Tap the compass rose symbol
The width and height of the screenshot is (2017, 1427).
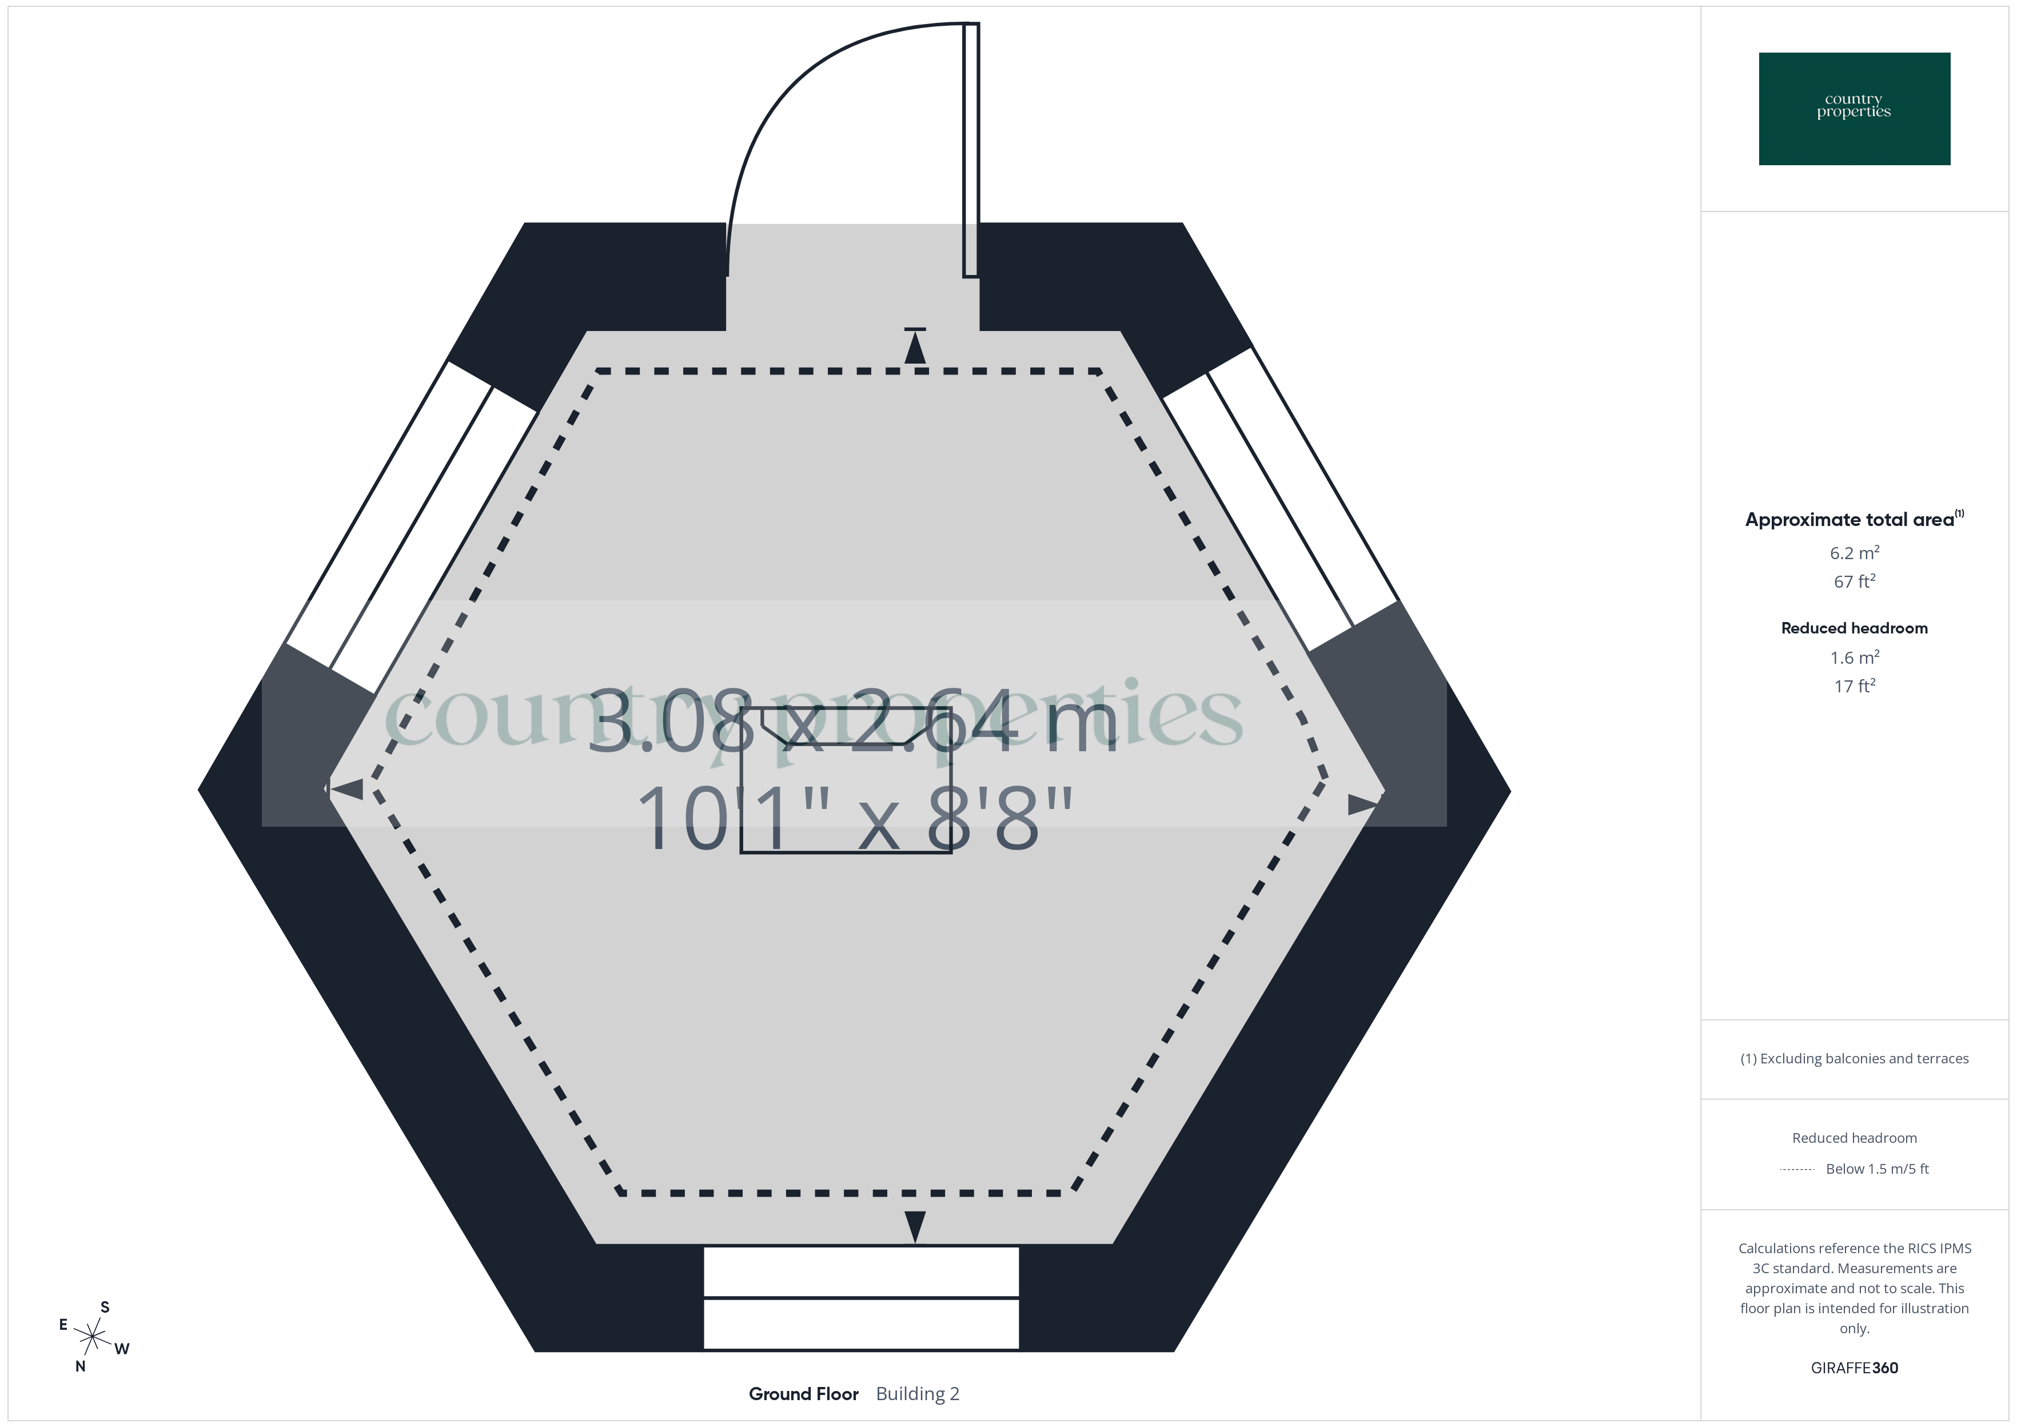click(92, 1337)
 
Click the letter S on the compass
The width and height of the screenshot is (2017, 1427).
click(105, 1306)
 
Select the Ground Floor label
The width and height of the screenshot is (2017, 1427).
click(803, 1394)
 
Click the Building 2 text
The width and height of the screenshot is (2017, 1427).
click(917, 1394)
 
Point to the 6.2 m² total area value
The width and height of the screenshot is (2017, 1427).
click(1853, 553)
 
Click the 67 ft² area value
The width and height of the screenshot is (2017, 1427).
click(1853, 581)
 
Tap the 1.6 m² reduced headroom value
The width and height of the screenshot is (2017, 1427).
click(1853, 657)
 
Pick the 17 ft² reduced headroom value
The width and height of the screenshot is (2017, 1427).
click(1853, 686)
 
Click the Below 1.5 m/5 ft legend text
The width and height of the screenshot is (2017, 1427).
click(1876, 1169)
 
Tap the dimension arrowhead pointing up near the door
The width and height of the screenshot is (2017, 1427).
click(915, 349)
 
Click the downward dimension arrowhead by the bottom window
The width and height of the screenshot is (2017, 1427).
click(915, 1225)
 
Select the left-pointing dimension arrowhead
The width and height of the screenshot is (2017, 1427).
click(346, 789)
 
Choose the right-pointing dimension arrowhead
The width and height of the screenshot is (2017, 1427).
click(1362, 803)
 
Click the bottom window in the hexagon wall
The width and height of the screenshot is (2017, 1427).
click(861, 1297)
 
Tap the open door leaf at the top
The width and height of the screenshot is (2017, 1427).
click(971, 149)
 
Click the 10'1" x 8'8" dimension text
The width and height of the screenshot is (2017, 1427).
click(855, 819)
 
